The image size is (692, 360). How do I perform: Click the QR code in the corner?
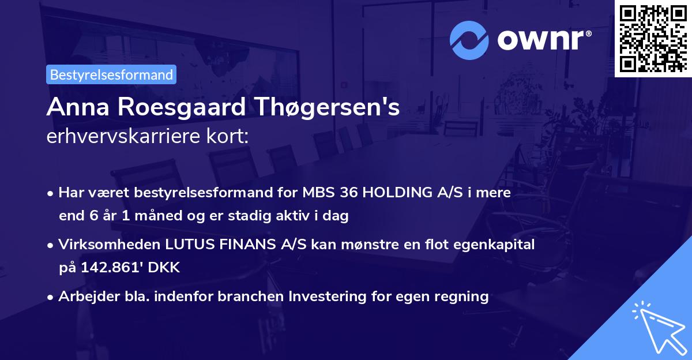coord(653,38)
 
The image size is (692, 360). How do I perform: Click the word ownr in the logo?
coord(544,39)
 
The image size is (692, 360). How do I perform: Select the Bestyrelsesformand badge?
coord(111,74)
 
